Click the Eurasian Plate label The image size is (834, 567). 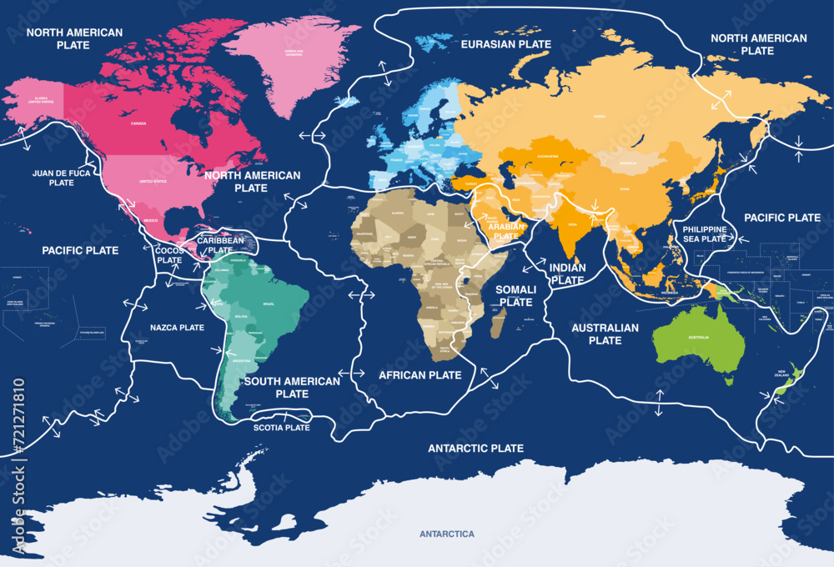[x=506, y=43]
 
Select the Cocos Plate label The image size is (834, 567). [x=169, y=255]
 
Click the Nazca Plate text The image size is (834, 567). [x=176, y=328]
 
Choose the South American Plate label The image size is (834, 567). [x=292, y=387]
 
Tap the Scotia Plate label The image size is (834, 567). [x=281, y=428]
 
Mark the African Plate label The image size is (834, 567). [x=420, y=375]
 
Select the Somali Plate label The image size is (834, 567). [x=515, y=295]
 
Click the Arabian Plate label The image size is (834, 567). [x=505, y=231]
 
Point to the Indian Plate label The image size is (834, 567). [x=567, y=274]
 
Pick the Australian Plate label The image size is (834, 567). [x=605, y=334]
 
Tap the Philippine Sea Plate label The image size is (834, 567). [x=705, y=233]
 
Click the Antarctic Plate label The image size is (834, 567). [x=475, y=449]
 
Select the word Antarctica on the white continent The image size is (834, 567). [x=446, y=534]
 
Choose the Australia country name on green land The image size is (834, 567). [x=698, y=337]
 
